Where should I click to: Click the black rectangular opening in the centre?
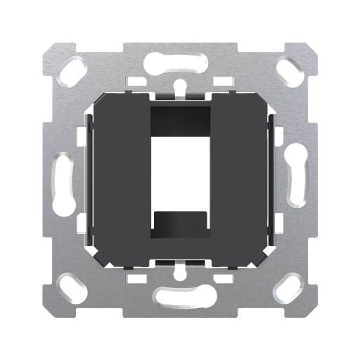pos(180,180)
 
